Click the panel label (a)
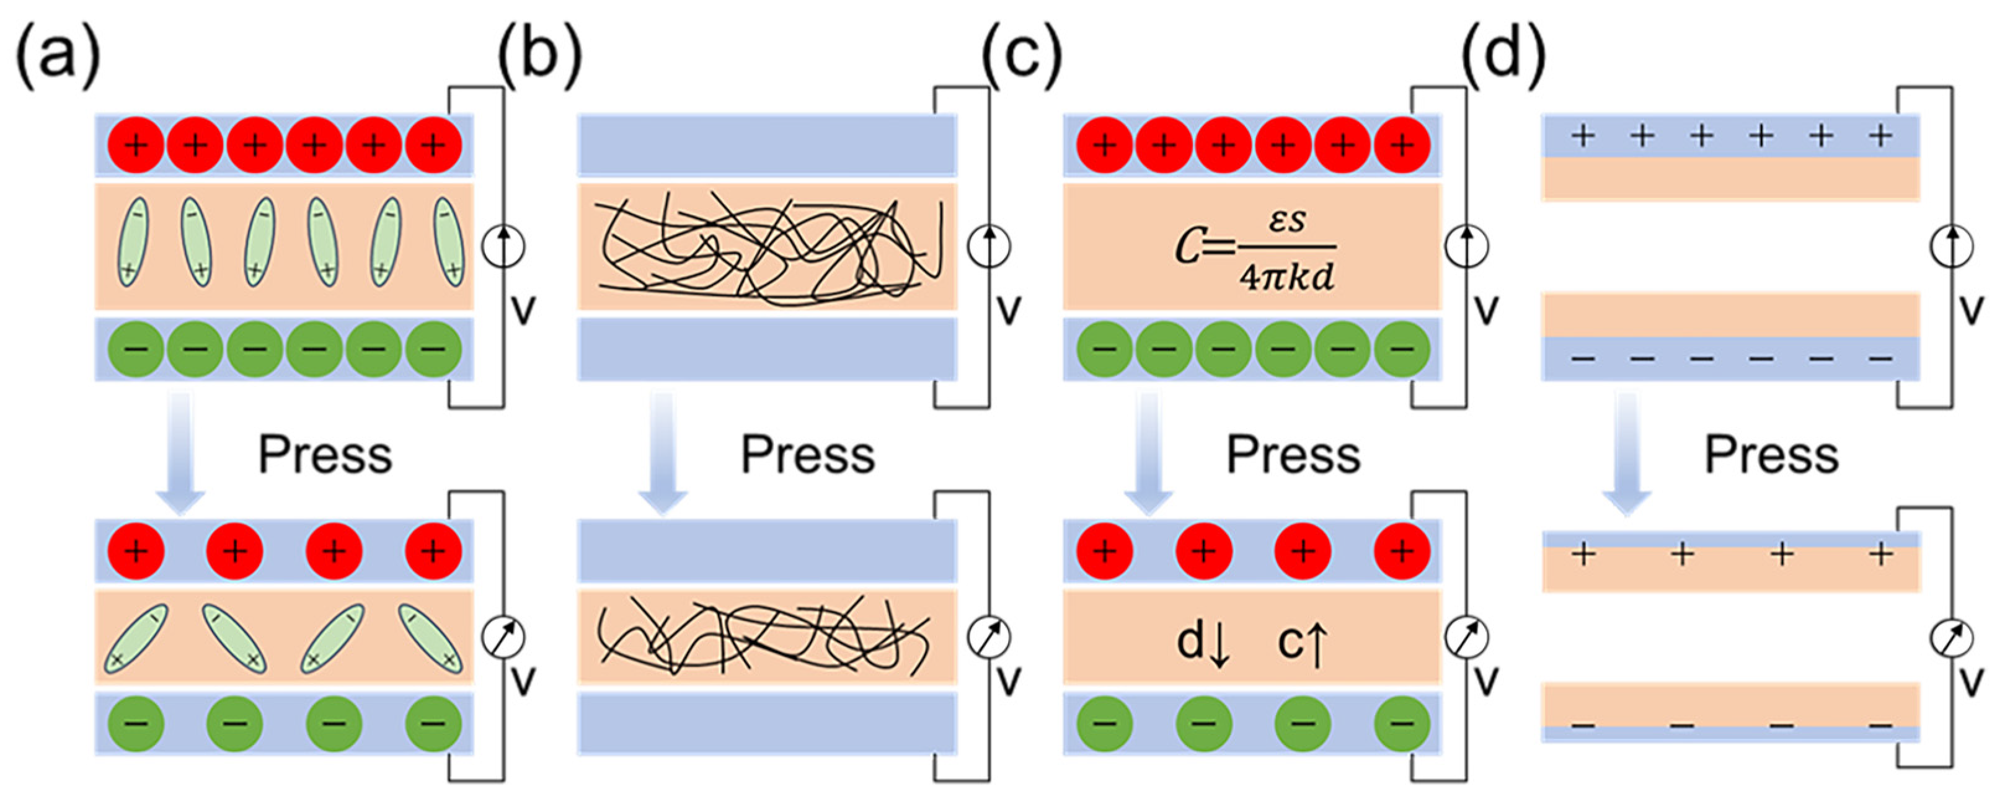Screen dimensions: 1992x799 tap(59, 56)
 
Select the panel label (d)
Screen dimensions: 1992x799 tap(1503, 56)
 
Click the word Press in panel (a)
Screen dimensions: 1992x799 tap(325, 455)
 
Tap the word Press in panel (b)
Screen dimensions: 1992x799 tap(808, 455)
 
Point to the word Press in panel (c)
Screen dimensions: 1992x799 tap(1294, 455)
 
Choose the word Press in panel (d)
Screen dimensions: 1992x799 tap(1772, 455)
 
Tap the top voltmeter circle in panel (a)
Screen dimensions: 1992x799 tap(503, 247)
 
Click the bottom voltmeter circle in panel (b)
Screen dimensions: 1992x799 tap(989, 636)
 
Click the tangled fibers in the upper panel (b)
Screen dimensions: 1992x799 tap(769, 246)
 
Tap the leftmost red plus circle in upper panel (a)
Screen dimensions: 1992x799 tap(136, 145)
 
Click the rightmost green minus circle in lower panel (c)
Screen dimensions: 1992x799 tap(1402, 724)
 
